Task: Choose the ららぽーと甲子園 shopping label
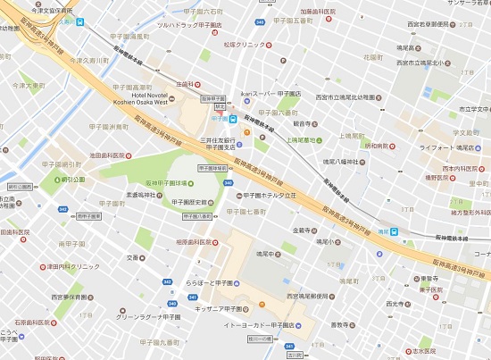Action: click(208, 283)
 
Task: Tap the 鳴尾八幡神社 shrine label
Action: click(339, 162)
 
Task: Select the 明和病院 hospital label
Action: click(378, 145)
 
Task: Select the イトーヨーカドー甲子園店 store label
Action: click(257, 326)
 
